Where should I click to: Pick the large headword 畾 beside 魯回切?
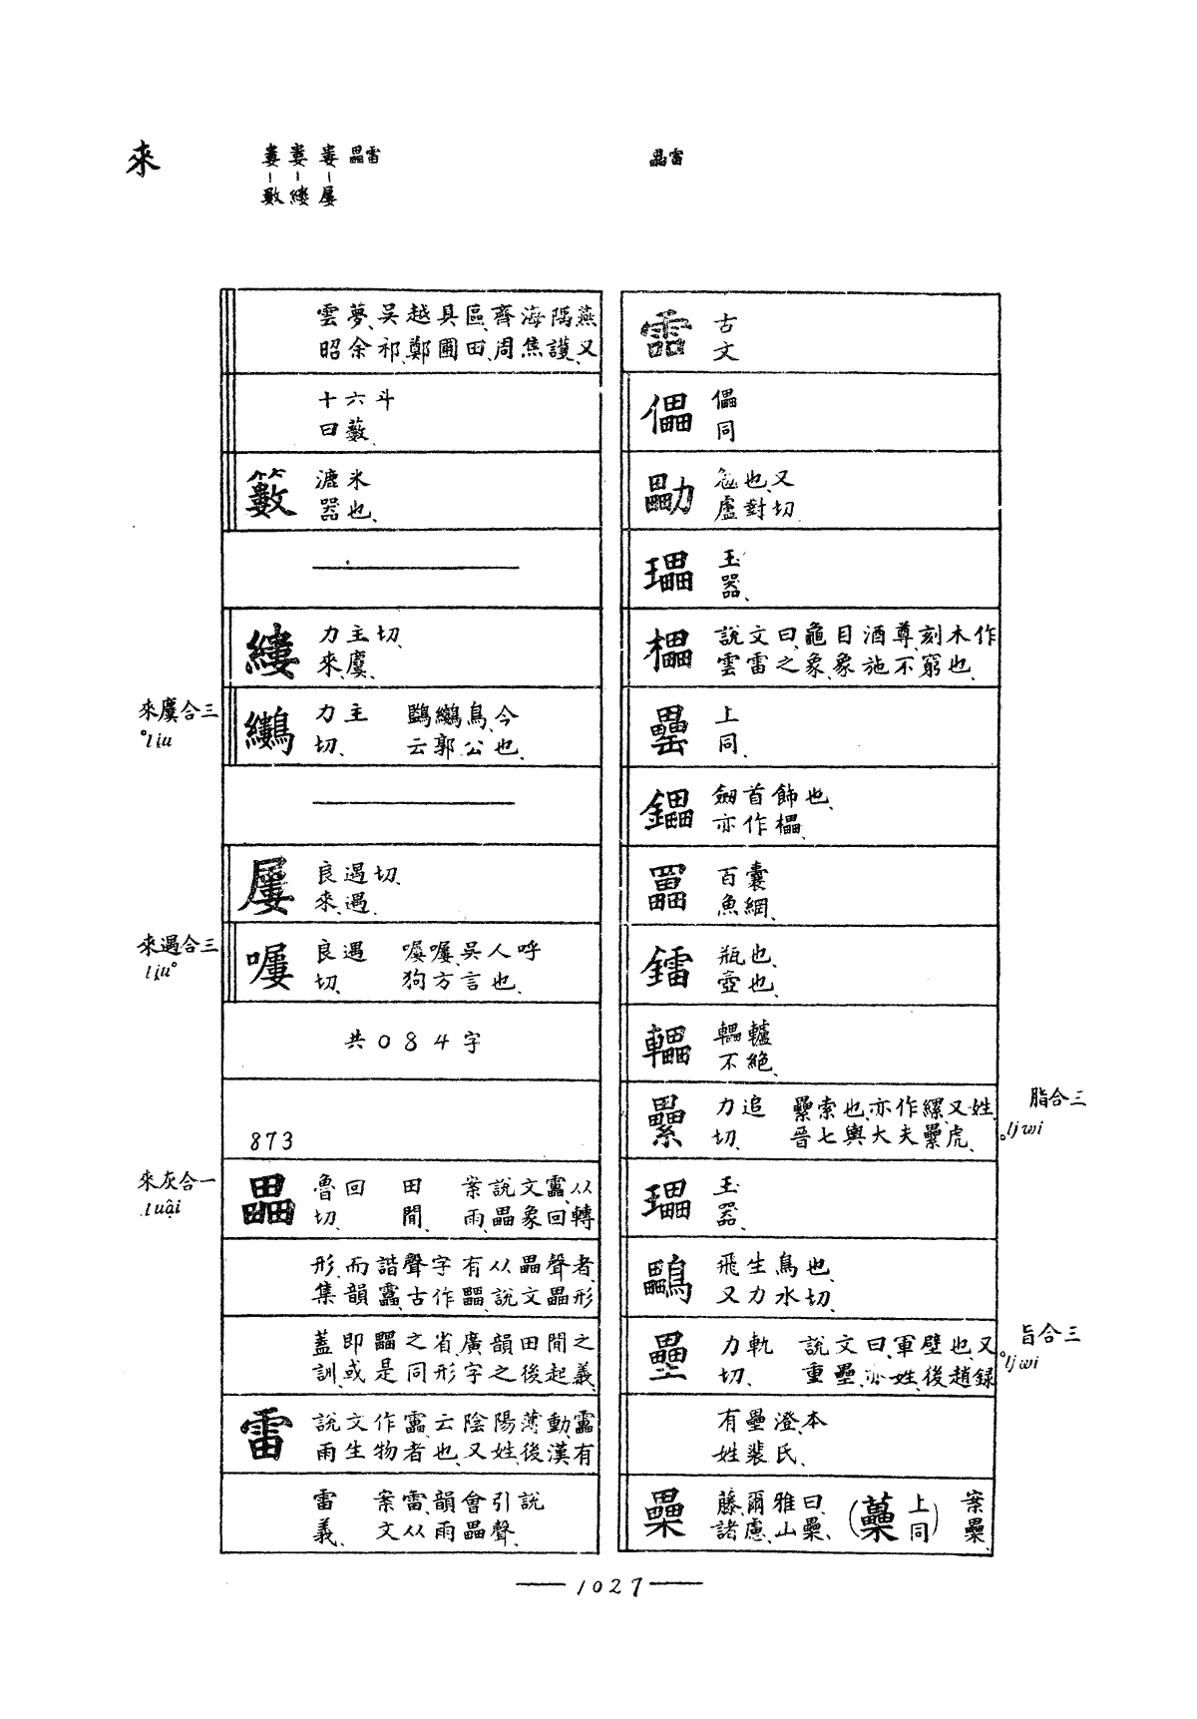pos(268,1200)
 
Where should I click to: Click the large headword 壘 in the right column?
pos(665,1358)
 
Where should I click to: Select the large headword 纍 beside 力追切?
pos(665,1121)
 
